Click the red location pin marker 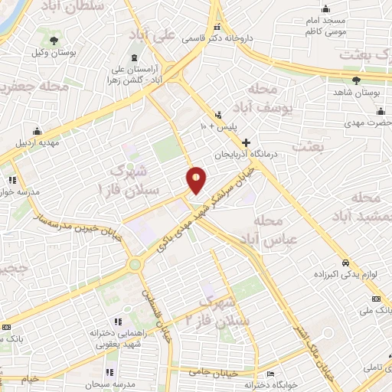pos(197,179)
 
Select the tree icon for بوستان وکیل pos(53,41)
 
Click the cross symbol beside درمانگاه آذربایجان pos(246,142)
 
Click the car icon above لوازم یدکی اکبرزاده pos(346,260)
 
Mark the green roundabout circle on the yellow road pos(136,265)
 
